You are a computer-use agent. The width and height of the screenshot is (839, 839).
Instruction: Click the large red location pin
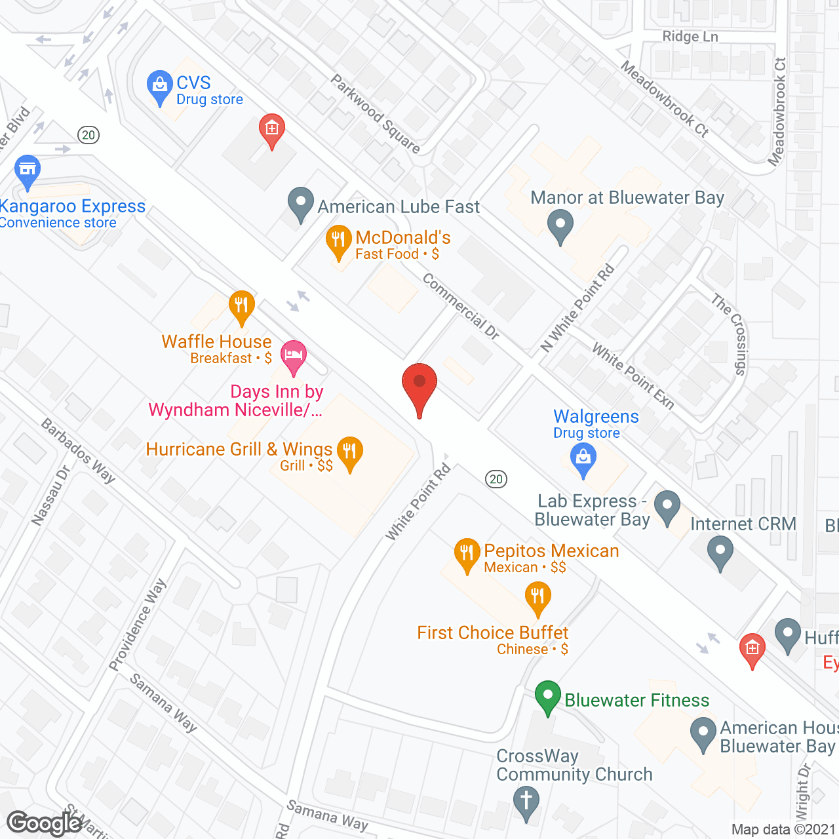(419, 385)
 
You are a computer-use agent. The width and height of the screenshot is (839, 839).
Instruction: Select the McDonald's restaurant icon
(338, 241)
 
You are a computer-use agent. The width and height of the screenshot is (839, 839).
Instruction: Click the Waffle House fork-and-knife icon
(242, 306)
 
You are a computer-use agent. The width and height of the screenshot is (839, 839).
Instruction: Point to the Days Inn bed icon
(293, 356)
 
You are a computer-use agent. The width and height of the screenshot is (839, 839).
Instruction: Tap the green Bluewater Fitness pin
(547, 697)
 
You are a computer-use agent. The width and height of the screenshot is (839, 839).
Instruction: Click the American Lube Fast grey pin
(301, 203)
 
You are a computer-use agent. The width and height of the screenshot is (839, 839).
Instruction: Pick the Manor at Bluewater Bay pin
(560, 225)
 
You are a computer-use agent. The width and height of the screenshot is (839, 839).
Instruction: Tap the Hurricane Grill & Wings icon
(350, 452)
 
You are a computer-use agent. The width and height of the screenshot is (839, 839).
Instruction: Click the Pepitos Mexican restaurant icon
(467, 554)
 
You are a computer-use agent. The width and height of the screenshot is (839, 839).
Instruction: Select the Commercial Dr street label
(461, 306)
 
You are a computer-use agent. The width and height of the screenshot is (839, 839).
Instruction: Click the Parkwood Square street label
(375, 113)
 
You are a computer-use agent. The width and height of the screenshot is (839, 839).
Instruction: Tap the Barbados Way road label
(78, 451)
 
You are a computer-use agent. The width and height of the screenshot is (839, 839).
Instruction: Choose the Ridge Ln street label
(690, 37)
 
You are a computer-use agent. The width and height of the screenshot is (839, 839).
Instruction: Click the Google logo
(45, 823)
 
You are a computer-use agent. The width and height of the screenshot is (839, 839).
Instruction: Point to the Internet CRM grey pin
(720, 552)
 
